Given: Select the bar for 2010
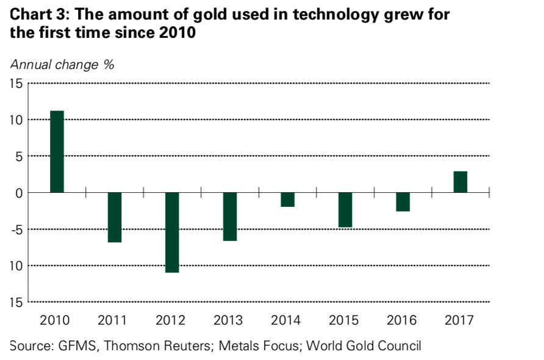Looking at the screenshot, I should (57, 151).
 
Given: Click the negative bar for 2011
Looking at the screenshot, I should (115, 217).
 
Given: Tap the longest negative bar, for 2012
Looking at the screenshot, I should (172, 232).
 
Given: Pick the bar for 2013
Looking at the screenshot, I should (230, 217).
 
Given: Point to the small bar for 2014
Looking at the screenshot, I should (287, 200).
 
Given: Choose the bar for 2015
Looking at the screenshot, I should (345, 210).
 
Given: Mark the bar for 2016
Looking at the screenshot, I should (403, 202).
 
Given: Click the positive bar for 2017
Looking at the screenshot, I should (460, 182).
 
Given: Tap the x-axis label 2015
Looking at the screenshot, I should (344, 320).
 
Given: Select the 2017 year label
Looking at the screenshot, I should (459, 320).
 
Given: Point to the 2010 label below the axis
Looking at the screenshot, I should (55, 320).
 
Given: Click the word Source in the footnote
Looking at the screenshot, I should (30, 346).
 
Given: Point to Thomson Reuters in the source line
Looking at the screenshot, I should (154, 346).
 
